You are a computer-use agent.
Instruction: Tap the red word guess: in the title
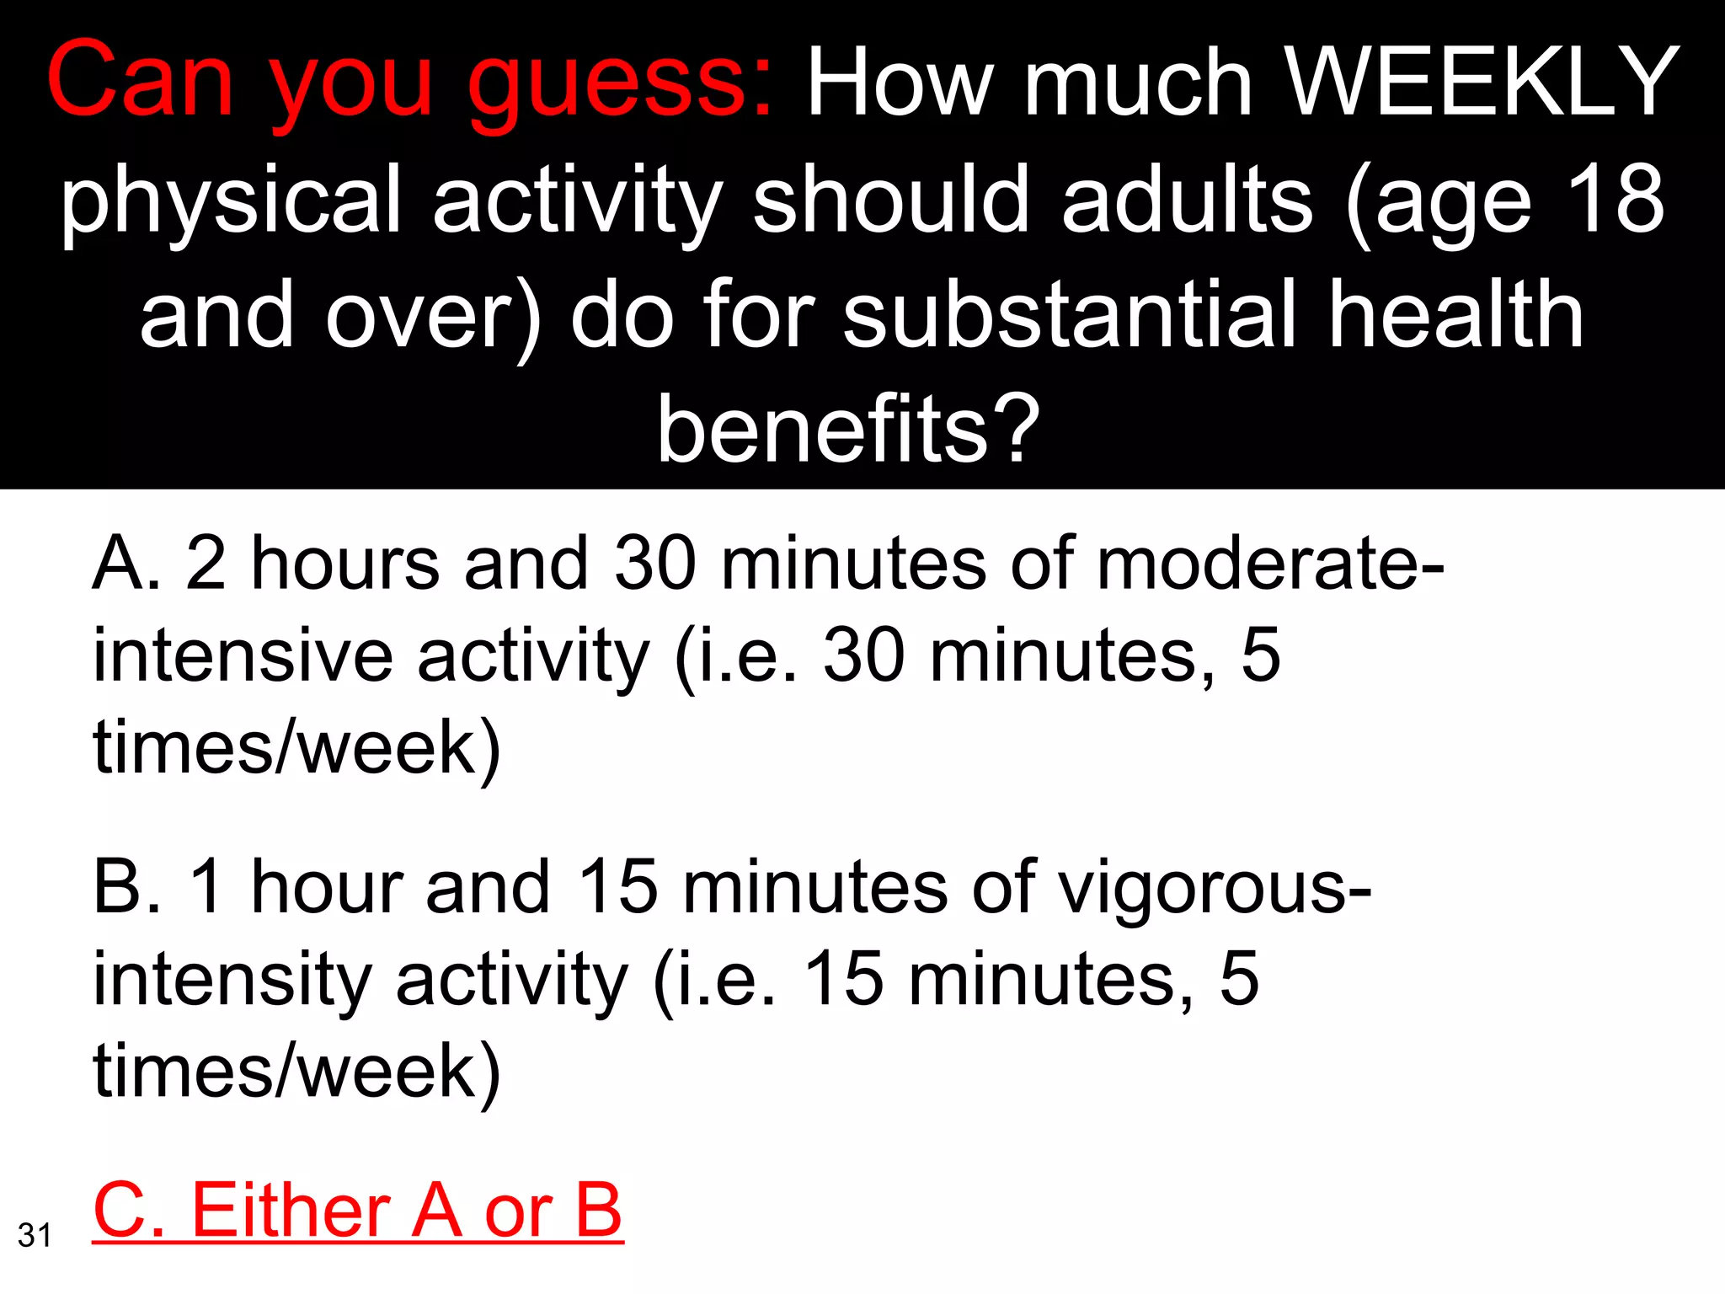(x=619, y=84)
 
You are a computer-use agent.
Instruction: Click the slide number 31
(x=35, y=1235)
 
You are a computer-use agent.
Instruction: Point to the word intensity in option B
(x=232, y=979)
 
